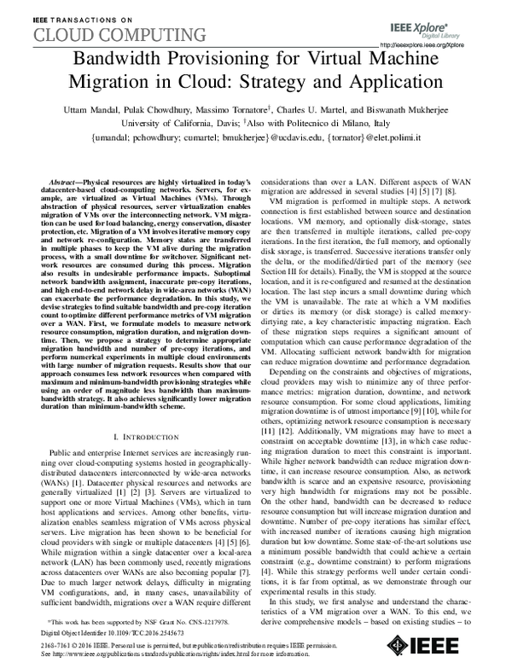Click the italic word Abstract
coord(67,183)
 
